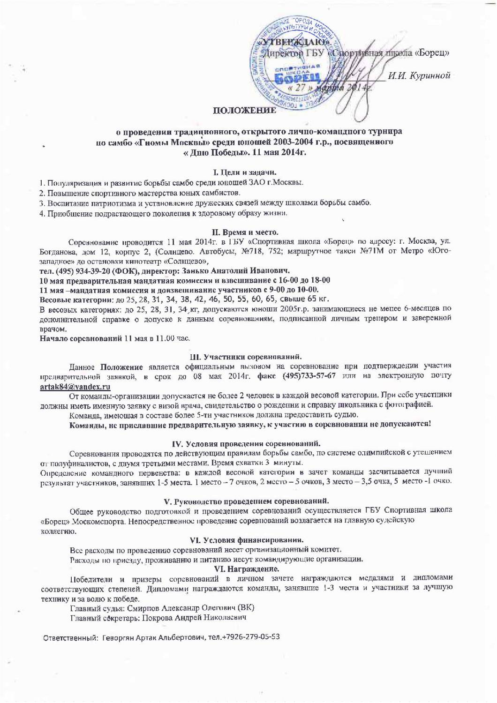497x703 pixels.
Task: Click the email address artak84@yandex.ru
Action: click(75, 387)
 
